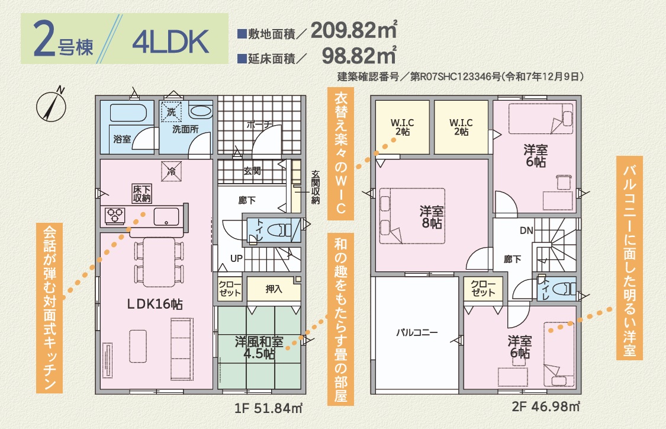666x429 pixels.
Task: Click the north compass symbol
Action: coord(51,105)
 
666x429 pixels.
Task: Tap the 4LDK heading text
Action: coord(170,41)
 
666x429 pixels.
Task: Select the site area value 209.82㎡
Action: coord(354,30)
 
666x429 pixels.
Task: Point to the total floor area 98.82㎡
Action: coord(359,55)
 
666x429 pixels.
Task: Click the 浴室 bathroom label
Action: coord(123,139)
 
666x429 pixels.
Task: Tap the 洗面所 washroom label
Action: coord(185,129)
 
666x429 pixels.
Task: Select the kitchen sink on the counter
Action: coord(166,216)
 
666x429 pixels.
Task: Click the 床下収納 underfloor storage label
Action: coord(141,193)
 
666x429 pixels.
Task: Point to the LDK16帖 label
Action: coord(156,304)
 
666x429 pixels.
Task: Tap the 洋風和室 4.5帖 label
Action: coord(259,347)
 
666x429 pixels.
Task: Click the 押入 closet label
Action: coord(274,289)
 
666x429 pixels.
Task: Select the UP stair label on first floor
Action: coord(237,258)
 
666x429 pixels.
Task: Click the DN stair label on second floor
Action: coord(526,230)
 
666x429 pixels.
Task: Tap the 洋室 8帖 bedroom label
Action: coord(432,217)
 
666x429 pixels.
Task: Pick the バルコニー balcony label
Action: coord(417,332)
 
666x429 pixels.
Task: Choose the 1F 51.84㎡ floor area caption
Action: coord(268,408)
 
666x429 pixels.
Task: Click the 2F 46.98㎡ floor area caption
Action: coord(546,407)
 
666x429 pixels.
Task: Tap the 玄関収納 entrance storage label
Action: coord(315,187)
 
